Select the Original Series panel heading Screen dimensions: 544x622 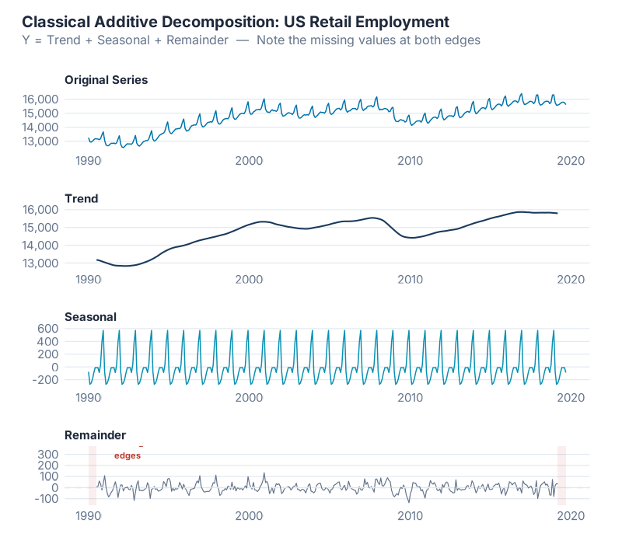(106, 79)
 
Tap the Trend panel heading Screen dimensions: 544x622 (81, 198)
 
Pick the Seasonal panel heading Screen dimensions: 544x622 (90, 316)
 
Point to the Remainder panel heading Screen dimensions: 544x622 (95, 434)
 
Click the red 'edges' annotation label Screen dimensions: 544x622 (128, 455)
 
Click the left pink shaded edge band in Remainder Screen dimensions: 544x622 (93, 476)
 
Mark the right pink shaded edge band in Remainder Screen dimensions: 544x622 (561, 476)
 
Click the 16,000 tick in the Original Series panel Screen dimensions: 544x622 (61, 99)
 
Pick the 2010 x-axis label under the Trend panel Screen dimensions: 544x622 (410, 279)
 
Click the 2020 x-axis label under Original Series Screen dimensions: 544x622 (571, 160)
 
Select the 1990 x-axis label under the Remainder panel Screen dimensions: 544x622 (88, 515)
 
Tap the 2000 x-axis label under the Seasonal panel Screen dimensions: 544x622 (249, 397)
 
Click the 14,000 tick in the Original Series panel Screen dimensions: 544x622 (61, 127)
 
